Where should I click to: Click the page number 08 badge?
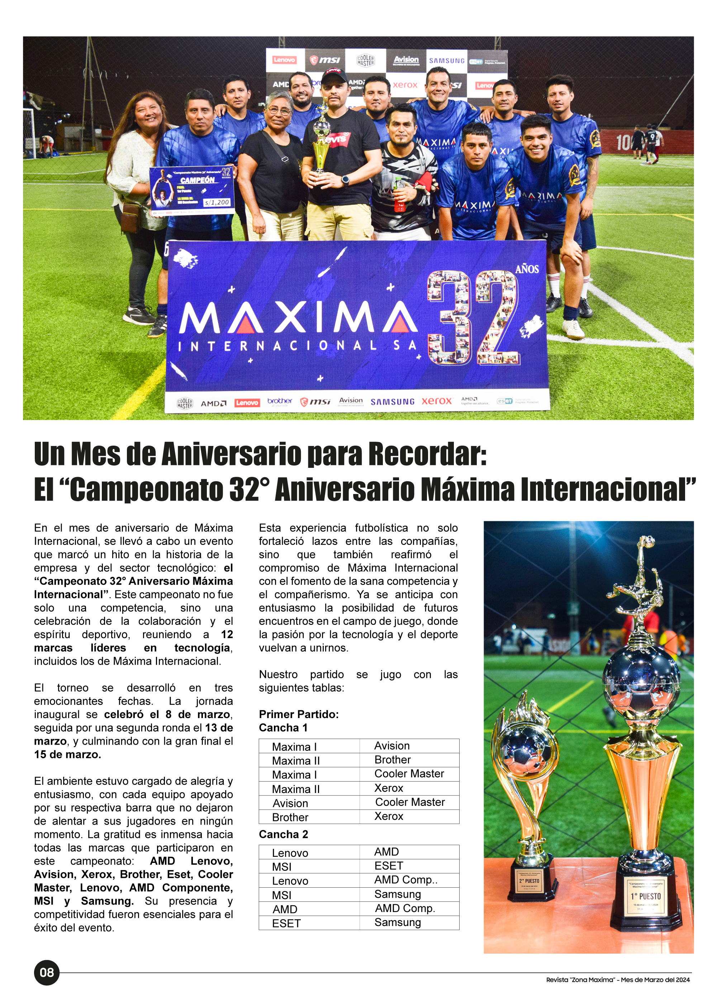click(47, 972)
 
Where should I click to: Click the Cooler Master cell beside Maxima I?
click(409, 774)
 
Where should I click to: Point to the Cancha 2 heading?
click(283, 834)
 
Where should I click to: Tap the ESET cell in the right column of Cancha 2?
click(389, 865)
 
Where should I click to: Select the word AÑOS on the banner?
click(527, 269)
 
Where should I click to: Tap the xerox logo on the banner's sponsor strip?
click(437, 401)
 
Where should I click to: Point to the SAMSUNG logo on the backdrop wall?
click(447, 61)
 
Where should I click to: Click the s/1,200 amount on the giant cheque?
click(217, 202)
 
